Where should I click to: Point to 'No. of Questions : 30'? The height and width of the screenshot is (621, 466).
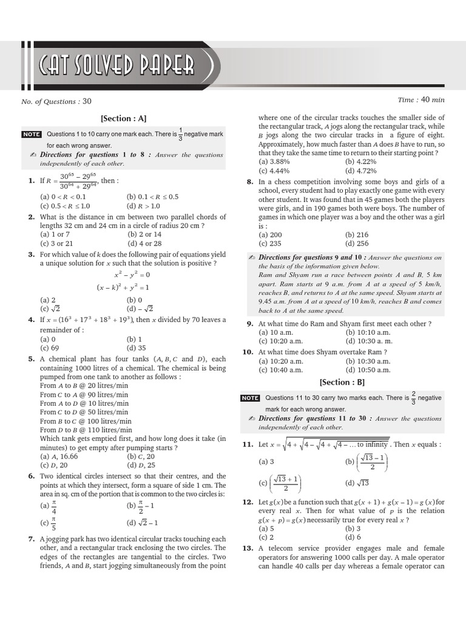(x=56, y=101)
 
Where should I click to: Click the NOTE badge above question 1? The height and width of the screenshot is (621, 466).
(x=31, y=134)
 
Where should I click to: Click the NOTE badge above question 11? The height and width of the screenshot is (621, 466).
(x=250, y=398)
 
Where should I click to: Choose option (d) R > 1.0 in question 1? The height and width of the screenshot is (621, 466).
(x=146, y=206)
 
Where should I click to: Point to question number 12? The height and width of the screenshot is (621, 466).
(x=248, y=502)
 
